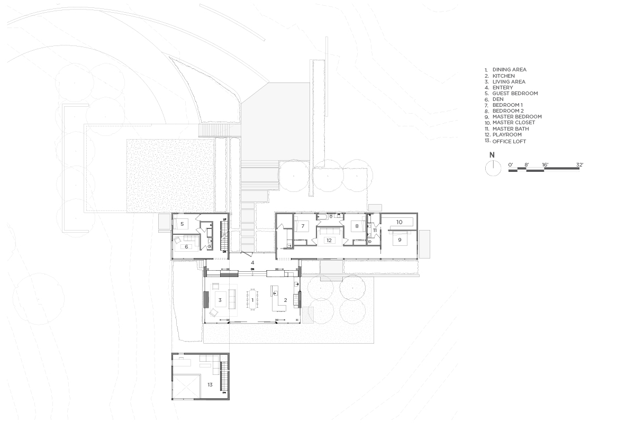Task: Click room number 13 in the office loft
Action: click(x=210, y=385)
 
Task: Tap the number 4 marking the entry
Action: click(x=252, y=263)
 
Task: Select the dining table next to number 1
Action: click(x=252, y=299)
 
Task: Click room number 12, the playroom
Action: click(x=329, y=240)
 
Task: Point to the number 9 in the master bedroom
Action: click(x=400, y=240)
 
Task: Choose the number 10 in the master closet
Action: click(x=400, y=222)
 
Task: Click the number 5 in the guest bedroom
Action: click(x=182, y=224)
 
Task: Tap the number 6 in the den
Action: click(x=186, y=247)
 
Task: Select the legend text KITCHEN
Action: click(x=504, y=76)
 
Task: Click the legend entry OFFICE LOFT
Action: click(x=509, y=141)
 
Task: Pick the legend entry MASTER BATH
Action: click(x=511, y=128)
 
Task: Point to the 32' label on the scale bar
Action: click(x=580, y=164)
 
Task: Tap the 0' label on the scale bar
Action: click(x=511, y=164)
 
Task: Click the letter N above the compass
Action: click(x=492, y=155)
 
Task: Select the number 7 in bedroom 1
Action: click(x=303, y=226)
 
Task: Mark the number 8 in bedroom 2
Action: click(x=357, y=226)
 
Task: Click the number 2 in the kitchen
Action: click(x=285, y=300)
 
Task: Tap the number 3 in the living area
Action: click(x=220, y=300)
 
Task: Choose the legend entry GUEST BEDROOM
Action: click(x=515, y=93)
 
